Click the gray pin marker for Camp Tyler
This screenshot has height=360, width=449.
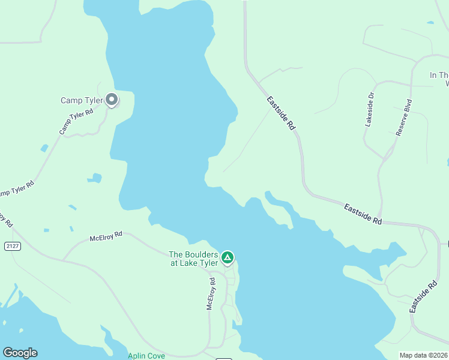111,100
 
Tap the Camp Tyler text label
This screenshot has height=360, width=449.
82,100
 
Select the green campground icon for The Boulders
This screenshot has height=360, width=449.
228,258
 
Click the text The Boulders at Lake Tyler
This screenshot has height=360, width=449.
193,259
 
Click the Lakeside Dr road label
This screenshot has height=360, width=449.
370,109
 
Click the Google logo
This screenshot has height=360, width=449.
20,353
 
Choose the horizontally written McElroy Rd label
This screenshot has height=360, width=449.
106,237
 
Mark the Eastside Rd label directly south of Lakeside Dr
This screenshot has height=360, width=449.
363,214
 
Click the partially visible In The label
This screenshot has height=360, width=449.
439,76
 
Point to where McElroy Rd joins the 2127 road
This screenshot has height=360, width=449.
64,260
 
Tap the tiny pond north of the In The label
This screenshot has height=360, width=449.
430,23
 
